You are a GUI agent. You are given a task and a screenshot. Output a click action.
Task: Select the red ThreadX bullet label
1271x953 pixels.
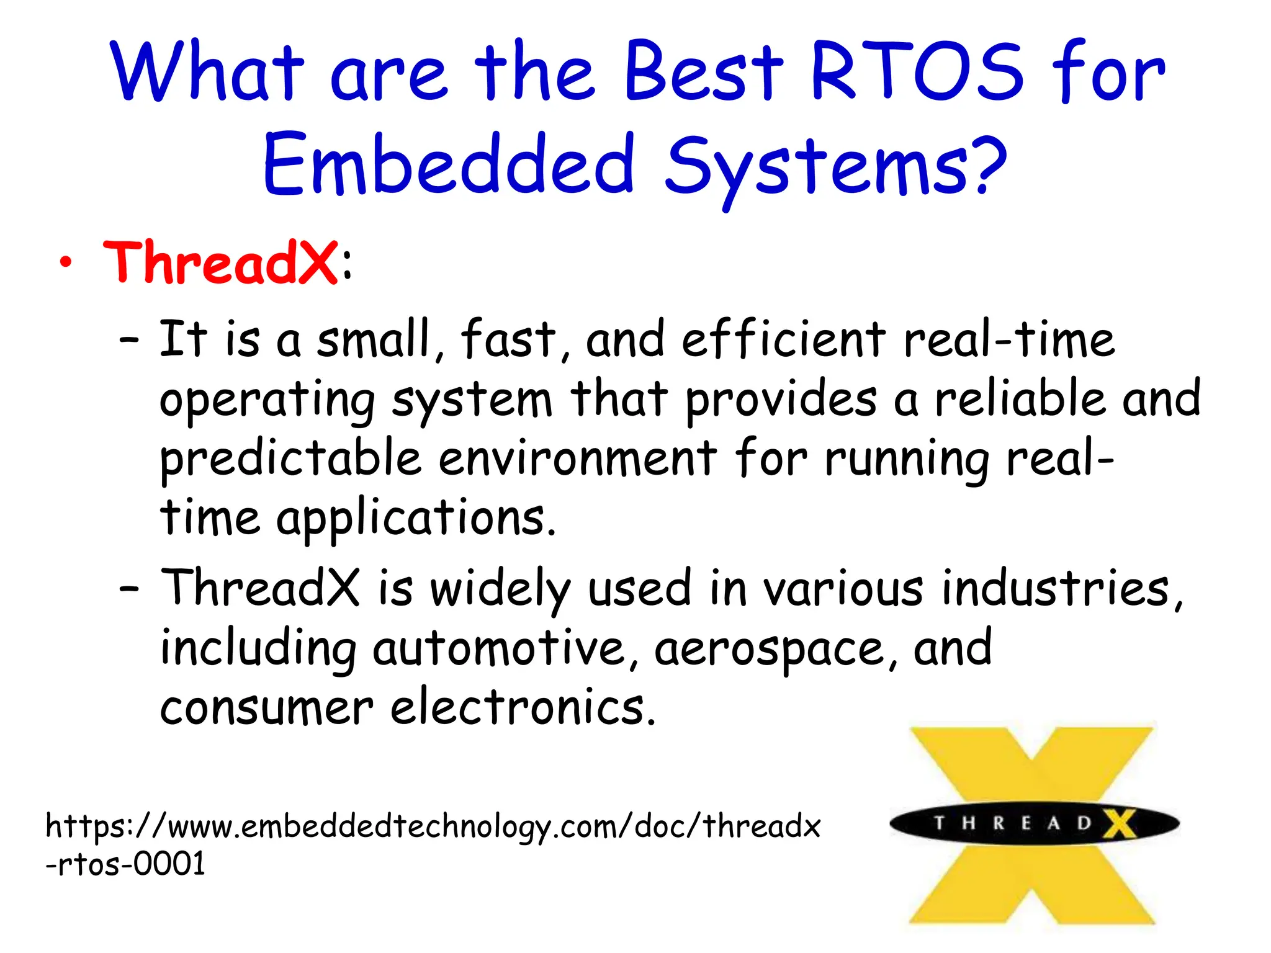[220, 263]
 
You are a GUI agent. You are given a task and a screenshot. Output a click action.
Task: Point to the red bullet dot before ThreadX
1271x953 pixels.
[66, 263]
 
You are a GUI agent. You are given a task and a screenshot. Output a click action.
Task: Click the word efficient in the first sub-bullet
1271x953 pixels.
[783, 340]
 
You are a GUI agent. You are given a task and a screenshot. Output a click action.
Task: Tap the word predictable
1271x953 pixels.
[290, 459]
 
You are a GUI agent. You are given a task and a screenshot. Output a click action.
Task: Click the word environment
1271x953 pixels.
[577, 459]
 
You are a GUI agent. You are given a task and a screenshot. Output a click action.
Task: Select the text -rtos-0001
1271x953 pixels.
[125, 864]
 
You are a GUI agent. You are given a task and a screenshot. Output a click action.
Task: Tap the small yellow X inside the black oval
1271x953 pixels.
[1119, 824]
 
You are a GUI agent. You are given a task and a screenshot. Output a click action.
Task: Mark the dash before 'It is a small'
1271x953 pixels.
[129, 341]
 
